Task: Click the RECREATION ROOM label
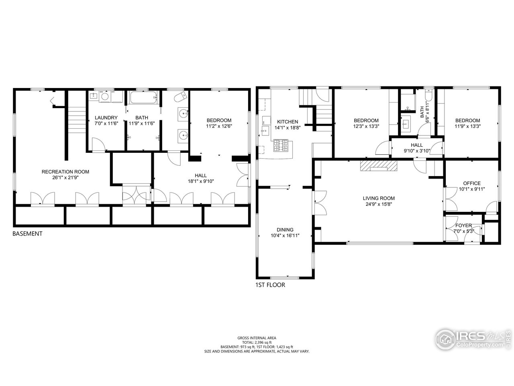(65, 172)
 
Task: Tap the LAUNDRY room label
(106, 118)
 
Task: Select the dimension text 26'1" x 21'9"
(65, 177)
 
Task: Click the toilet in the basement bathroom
(182, 96)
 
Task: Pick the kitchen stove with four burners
(281, 145)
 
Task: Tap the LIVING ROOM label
(378, 198)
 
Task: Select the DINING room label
(285, 230)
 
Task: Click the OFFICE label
(471, 183)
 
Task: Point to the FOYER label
(463, 226)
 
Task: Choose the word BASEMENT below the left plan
(27, 234)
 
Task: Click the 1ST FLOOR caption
(270, 285)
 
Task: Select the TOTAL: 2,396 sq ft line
(257, 342)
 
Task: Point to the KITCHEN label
(287, 121)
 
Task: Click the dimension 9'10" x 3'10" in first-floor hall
(416, 151)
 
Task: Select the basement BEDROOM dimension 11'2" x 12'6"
(219, 126)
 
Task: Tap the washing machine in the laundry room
(105, 96)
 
